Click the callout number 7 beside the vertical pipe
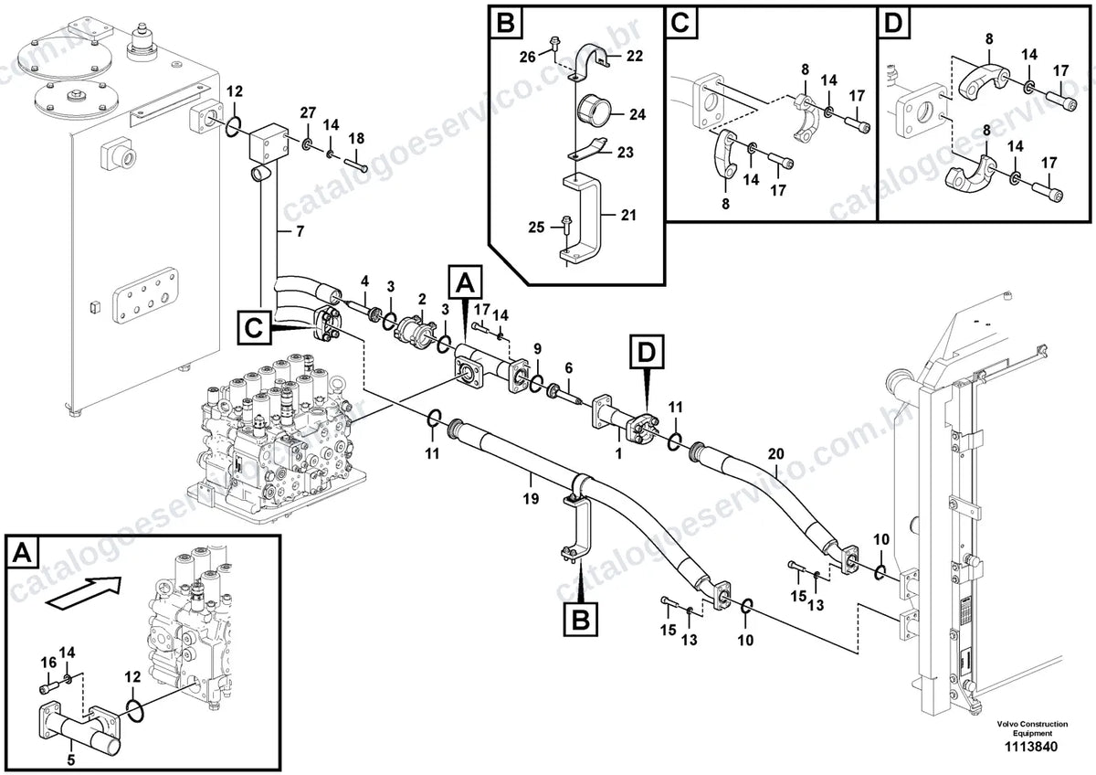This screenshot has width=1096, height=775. tap(300, 231)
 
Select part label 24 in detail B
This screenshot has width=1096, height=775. tap(638, 114)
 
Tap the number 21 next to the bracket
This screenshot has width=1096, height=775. tap(628, 215)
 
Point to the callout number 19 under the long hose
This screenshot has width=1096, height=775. tap(531, 499)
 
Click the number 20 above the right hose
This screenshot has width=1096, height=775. tap(775, 454)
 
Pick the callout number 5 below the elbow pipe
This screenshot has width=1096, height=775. tap(71, 759)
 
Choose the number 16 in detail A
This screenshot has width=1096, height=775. tap(48, 663)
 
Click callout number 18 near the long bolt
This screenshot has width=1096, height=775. tap(356, 139)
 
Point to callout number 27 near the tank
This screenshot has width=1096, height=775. tap(308, 113)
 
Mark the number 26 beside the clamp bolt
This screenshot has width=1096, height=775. tap(528, 58)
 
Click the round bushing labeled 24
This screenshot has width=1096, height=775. tap(593, 111)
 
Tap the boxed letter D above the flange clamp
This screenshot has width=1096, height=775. tap(646, 352)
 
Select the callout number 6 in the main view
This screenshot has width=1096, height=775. tap(568, 368)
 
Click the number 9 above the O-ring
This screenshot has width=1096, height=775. tap(538, 349)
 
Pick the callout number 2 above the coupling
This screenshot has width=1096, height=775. tap(422, 299)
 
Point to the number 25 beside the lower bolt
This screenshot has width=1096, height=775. tap(536, 228)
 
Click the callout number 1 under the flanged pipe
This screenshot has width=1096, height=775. tap(618, 453)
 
